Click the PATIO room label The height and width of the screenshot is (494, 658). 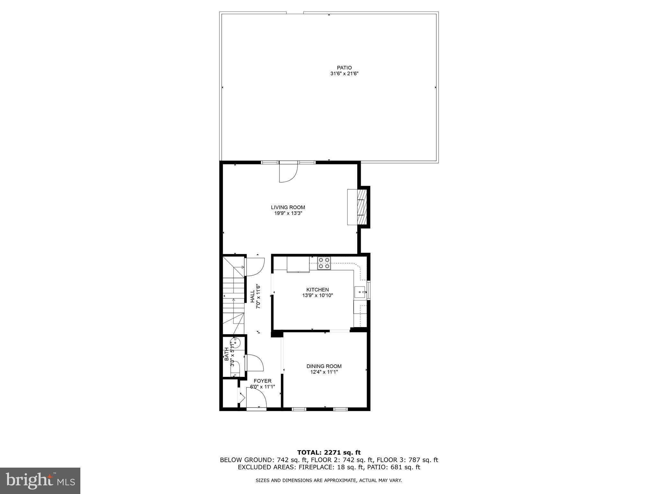[344, 68]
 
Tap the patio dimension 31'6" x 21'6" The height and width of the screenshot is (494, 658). [344, 74]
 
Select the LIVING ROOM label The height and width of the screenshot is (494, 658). [288, 207]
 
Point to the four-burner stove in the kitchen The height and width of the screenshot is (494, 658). [324, 263]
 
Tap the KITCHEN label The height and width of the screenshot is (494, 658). [317, 290]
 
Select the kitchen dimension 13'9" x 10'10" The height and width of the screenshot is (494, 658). [317, 295]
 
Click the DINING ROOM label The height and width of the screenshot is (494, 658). [324, 366]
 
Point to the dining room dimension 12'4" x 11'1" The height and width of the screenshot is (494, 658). [324, 372]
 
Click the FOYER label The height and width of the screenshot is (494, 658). [262, 381]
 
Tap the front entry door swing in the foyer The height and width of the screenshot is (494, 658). [256, 398]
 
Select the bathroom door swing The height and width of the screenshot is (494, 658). [254, 362]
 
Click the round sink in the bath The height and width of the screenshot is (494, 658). [236, 343]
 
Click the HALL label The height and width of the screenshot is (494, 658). [253, 296]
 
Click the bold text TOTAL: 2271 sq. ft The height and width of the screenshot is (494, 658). [329, 453]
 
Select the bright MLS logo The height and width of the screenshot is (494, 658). [40, 480]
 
